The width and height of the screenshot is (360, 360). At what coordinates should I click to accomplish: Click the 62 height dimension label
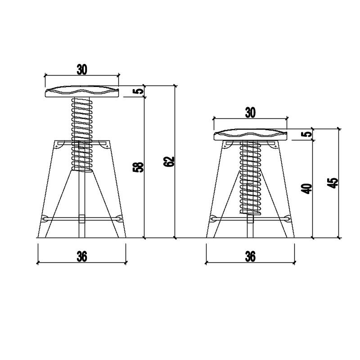[x=170, y=162]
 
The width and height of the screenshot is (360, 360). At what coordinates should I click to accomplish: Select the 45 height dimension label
[x=333, y=183]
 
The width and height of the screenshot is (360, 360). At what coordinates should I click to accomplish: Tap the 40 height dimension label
[x=307, y=189]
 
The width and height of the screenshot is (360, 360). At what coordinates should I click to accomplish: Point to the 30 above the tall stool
[x=82, y=70]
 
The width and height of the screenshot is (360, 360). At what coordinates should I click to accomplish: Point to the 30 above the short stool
[x=250, y=113]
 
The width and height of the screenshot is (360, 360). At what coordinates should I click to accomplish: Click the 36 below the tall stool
[x=82, y=256]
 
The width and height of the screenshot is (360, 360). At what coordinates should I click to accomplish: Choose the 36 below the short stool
[x=250, y=256]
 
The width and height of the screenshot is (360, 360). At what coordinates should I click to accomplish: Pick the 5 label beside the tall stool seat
[x=138, y=91]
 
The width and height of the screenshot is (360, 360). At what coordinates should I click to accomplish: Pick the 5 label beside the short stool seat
[x=307, y=134]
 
